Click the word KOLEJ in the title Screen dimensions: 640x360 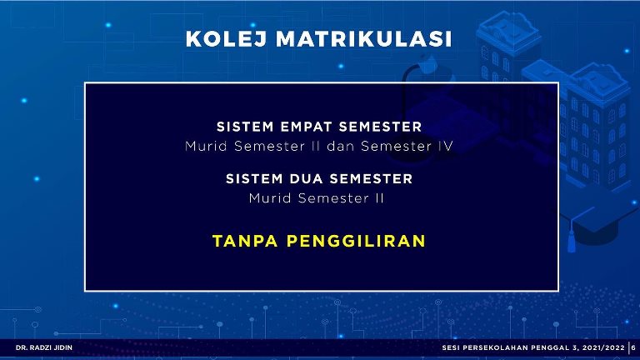click(226, 39)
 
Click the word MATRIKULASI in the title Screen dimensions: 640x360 click(364, 39)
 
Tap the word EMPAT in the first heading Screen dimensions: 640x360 click(306, 127)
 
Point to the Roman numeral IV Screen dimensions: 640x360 click(446, 146)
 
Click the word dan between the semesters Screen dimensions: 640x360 click(340, 146)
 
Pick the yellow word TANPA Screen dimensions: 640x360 click(245, 241)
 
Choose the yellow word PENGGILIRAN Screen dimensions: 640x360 click(356, 241)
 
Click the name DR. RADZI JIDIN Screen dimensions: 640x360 click(44, 347)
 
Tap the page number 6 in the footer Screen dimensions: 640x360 click(633, 347)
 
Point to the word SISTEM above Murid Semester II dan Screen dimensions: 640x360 click(245, 127)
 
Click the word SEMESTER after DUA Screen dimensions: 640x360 click(371, 179)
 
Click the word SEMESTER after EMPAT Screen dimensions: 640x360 click(380, 127)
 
